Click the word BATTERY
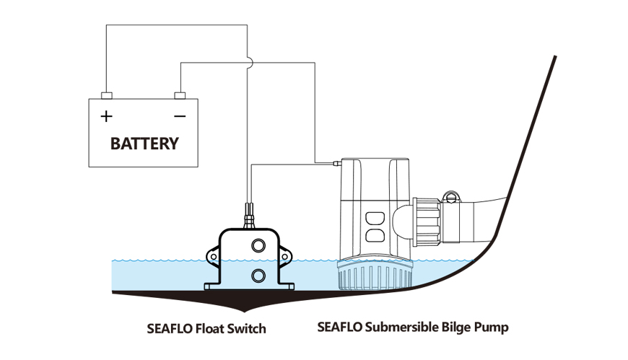(144, 143)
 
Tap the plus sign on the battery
(107, 115)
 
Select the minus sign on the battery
(180, 115)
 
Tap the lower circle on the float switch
(257, 275)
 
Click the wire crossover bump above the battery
(248, 63)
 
